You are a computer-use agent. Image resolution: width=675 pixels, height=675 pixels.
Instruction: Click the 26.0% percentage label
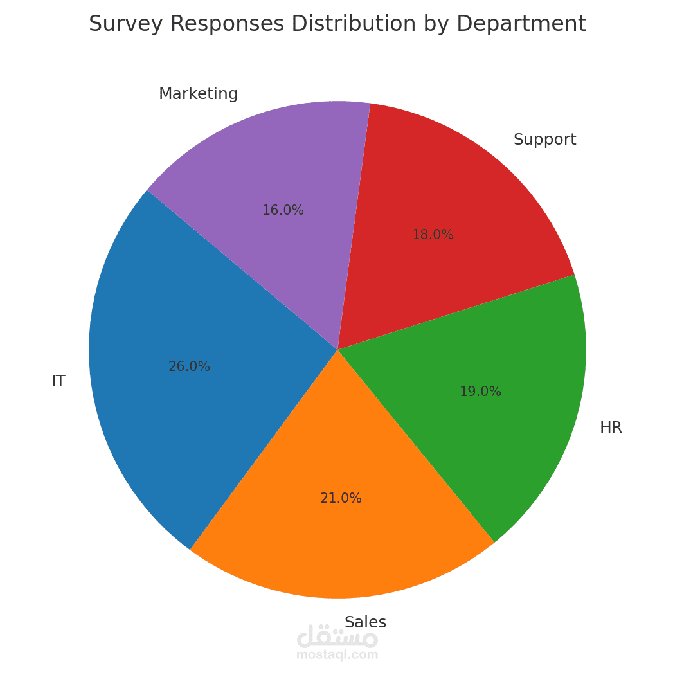[x=189, y=366]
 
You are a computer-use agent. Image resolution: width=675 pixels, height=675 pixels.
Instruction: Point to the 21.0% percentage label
[x=341, y=498]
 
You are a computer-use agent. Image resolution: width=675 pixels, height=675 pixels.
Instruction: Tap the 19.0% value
[x=480, y=392]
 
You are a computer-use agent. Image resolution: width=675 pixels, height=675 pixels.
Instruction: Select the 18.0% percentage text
[x=433, y=235]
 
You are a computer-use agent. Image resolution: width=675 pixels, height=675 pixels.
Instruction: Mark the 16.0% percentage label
[x=283, y=210]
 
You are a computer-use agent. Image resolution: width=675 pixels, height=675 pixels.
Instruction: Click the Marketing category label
[x=198, y=94]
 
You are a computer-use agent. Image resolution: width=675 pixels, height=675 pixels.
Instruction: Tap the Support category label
[x=544, y=139]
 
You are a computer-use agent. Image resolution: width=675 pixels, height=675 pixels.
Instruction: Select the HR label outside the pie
[x=611, y=428]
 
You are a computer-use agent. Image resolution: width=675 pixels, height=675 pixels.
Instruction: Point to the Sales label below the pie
[x=365, y=622]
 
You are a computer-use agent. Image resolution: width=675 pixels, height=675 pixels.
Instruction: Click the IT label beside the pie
[x=58, y=381]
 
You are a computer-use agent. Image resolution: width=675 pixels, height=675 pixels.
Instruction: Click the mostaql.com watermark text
[x=337, y=655]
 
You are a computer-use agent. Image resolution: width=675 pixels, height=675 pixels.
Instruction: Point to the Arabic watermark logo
[x=337, y=636]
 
